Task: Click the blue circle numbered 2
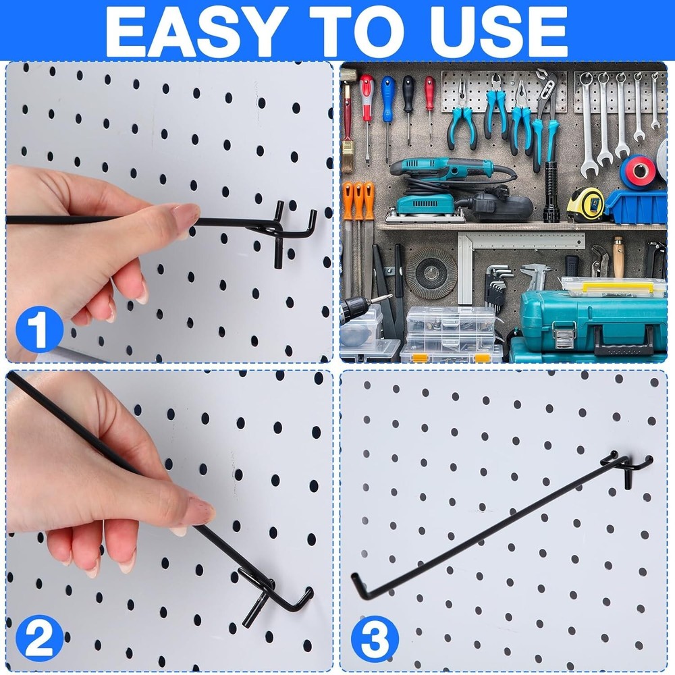pos(38,638)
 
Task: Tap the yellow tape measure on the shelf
pos(585,205)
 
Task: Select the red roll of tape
pos(638,172)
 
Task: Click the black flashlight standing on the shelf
pos(551,192)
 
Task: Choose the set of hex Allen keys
pos(497,283)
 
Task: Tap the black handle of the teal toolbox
pos(623,344)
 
